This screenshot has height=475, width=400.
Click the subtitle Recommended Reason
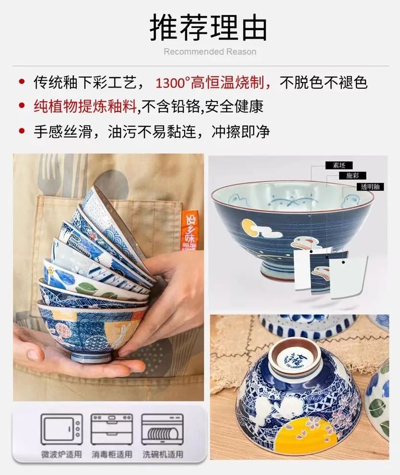[x=210, y=52]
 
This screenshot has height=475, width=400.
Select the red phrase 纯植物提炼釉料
[x=85, y=106]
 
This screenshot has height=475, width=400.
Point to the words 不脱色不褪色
[x=324, y=82]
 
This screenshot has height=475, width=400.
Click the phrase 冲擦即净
[x=241, y=131]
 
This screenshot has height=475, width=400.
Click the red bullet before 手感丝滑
[x=21, y=131]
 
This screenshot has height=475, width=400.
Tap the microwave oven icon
[x=61, y=429]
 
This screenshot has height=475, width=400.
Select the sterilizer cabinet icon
[x=111, y=429]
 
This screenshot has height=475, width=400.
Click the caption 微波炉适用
[x=61, y=453]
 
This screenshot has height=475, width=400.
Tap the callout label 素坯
[x=339, y=165]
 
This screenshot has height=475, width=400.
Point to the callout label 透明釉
[x=370, y=187]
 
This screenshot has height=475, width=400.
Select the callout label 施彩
[x=353, y=176]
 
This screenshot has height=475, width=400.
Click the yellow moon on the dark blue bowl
[x=248, y=225]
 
